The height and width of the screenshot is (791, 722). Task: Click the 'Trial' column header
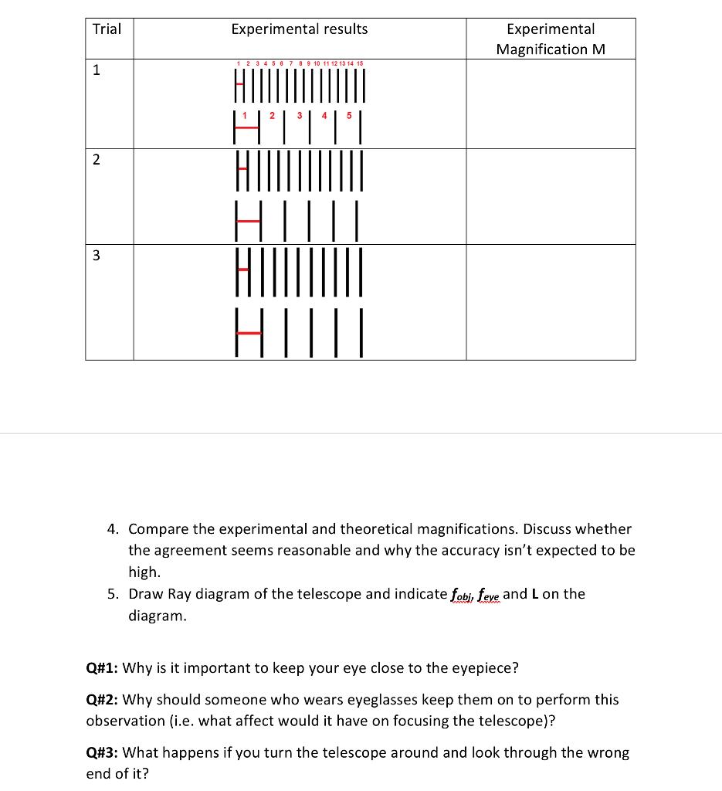tap(107, 29)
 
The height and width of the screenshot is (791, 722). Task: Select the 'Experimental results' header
tap(300, 29)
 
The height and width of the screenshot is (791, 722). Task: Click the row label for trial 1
tap(97, 70)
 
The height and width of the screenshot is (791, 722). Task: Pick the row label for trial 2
tap(96, 160)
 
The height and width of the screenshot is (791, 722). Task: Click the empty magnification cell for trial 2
tap(551, 196)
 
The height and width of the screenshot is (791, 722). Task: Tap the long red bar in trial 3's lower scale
tap(249, 333)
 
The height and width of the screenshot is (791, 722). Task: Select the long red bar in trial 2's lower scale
tap(248, 221)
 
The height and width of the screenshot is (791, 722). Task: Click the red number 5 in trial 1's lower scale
tap(349, 117)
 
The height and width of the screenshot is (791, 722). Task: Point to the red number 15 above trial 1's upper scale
tap(359, 63)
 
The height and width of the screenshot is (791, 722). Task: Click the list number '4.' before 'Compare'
tap(113, 529)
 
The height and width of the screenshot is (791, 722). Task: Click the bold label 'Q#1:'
tap(103, 668)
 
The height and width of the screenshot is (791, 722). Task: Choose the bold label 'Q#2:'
tap(103, 700)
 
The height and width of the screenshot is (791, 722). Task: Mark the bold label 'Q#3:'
tap(103, 752)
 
